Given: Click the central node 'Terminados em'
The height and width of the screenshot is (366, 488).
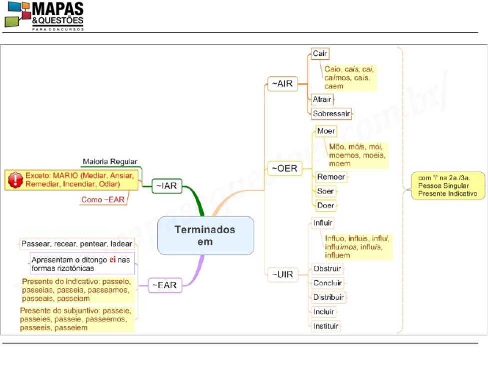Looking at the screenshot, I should coord(205,235).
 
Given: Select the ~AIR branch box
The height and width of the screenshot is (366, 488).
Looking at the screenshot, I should coord(282,84).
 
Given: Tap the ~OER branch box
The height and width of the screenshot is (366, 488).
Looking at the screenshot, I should coord(284,169).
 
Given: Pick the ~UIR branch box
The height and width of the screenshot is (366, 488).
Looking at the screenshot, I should coord(282,273).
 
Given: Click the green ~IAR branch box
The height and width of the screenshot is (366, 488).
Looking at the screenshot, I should coord(167,186).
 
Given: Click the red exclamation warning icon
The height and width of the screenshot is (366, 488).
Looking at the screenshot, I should coord(16,180).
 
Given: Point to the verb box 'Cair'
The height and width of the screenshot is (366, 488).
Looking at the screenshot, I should coord(320,53).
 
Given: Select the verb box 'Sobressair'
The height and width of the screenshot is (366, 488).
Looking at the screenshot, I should coord(331,113).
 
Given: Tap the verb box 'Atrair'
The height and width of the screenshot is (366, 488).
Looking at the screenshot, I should coord(322,99).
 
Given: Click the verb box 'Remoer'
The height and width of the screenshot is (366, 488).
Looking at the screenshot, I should coord(331,177).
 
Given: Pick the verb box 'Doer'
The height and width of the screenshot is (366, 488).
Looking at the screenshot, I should coord(325,205).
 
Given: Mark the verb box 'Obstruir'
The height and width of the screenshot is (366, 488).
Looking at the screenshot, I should coord(327,269).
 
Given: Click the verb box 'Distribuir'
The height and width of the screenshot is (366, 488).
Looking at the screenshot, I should coord(328,297).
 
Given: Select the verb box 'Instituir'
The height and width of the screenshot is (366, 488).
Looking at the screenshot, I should coord(326,326).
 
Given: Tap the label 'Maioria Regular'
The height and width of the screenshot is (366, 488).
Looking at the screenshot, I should coord(110,162).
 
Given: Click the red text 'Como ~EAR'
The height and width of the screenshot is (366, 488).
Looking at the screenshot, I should coord(103,200).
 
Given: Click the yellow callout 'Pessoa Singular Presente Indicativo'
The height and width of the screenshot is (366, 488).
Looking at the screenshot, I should coord(444,186).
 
